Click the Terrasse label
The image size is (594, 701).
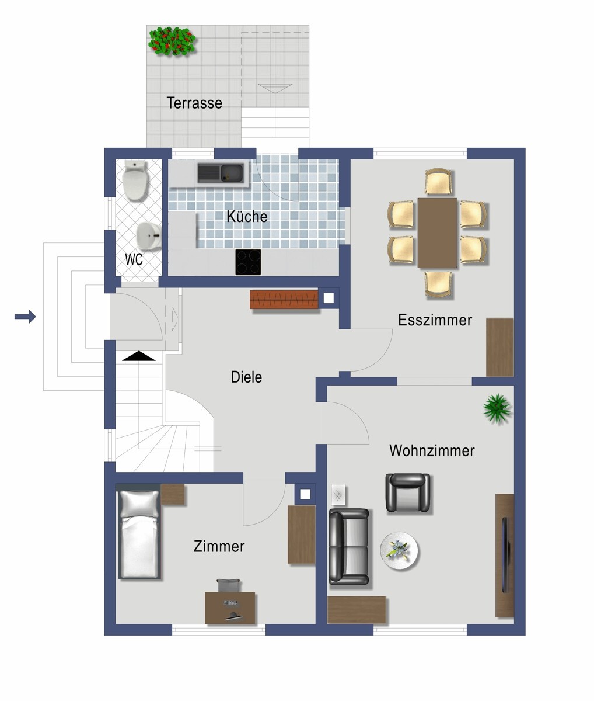click(x=194, y=103)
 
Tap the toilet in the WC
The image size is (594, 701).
click(x=136, y=181)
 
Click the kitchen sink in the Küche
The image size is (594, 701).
click(x=221, y=173)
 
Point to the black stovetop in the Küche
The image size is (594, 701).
click(x=249, y=262)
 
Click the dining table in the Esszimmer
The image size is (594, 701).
click(x=437, y=232)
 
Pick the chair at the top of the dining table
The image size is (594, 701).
click(x=438, y=182)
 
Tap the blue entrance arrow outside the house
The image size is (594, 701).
click(x=25, y=317)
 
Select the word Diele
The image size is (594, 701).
click(x=246, y=377)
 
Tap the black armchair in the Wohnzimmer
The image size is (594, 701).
click(x=408, y=492)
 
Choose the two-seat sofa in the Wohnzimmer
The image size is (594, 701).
click(x=348, y=547)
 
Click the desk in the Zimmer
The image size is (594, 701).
click(x=230, y=608)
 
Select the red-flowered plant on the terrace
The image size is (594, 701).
click(x=172, y=41)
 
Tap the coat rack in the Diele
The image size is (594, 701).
click(x=285, y=299)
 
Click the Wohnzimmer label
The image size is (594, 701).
click(x=431, y=451)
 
